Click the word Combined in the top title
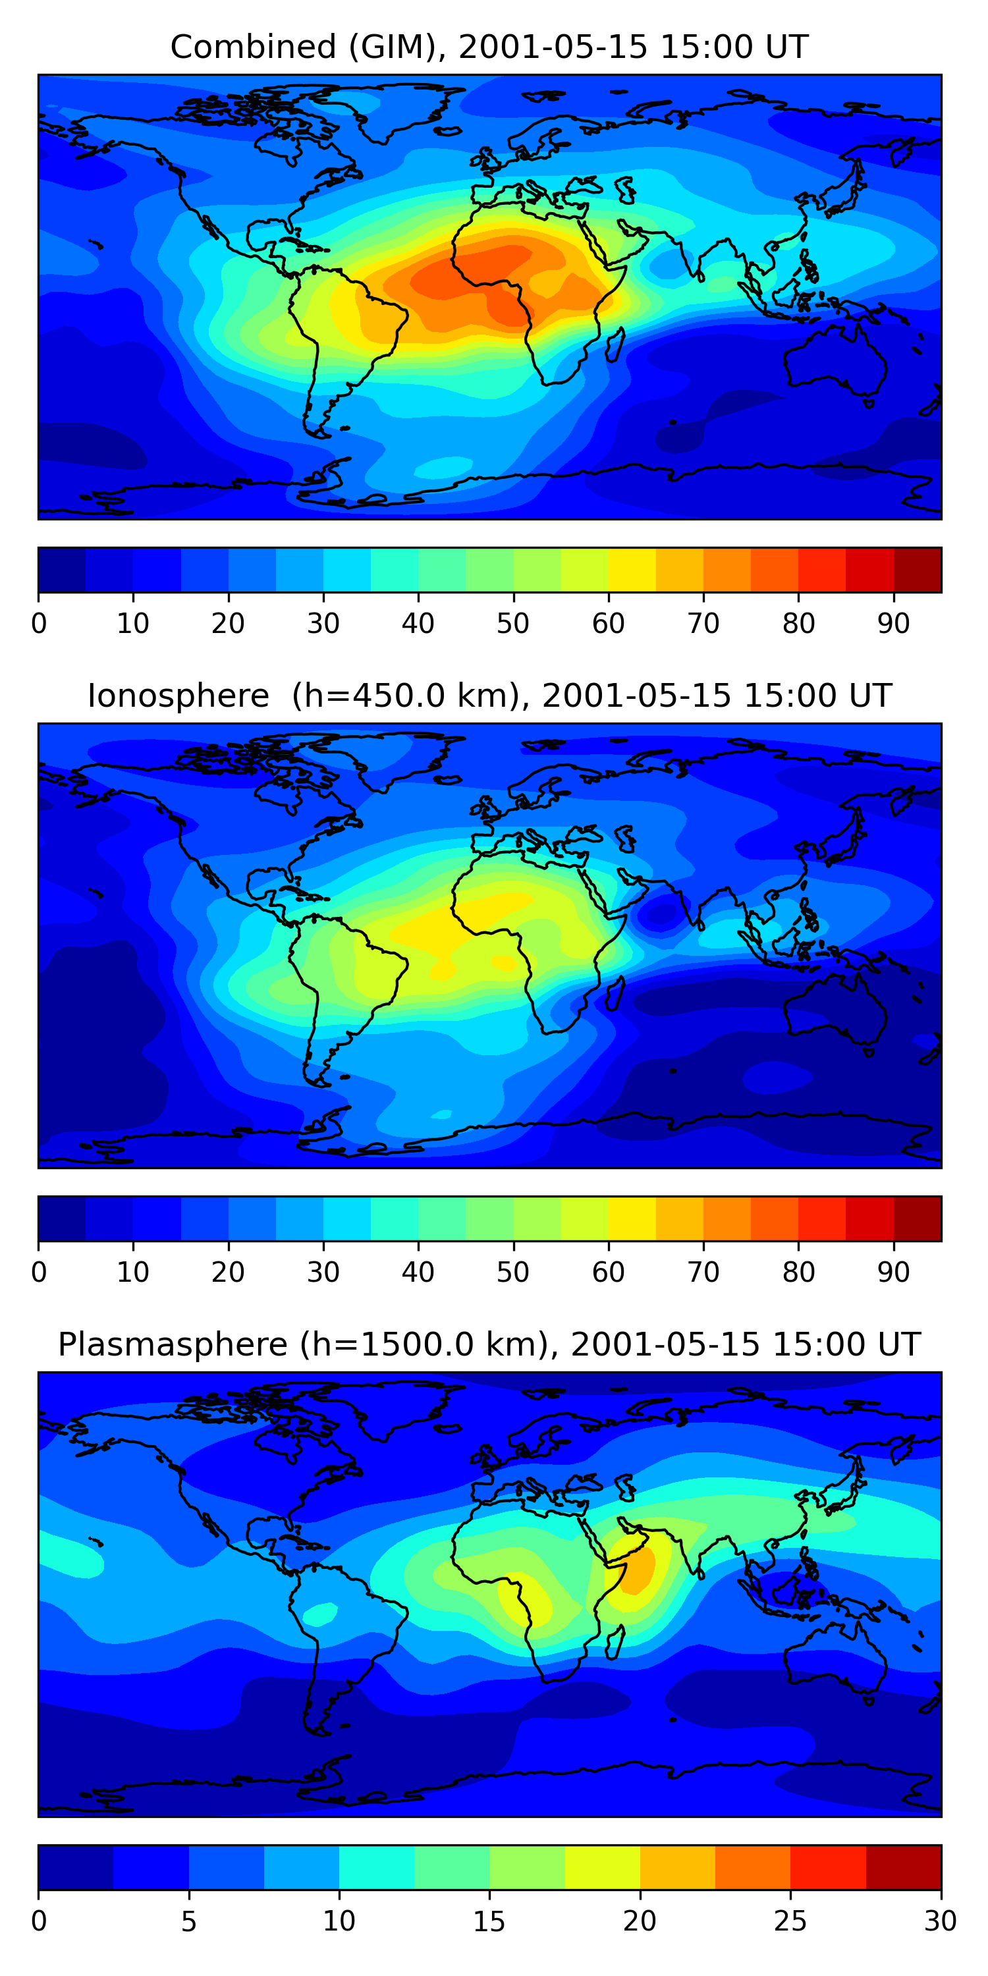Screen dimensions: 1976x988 [253, 47]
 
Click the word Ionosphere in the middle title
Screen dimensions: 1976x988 [178, 696]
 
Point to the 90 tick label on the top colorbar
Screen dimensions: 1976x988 [894, 624]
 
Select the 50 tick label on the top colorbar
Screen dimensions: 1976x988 [513, 624]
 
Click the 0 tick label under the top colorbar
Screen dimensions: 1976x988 [39, 624]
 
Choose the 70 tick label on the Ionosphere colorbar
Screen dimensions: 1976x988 [703, 1273]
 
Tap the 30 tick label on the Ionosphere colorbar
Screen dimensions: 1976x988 [323, 1273]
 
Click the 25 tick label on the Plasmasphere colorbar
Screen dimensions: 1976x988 [790, 1921]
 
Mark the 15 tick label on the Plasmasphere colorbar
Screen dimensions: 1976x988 [489, 1921]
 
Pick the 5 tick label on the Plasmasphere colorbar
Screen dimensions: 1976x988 [188, 1921]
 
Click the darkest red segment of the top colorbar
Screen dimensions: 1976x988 [918, 570]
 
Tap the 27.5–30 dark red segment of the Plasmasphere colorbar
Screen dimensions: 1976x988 [904, 1867]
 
